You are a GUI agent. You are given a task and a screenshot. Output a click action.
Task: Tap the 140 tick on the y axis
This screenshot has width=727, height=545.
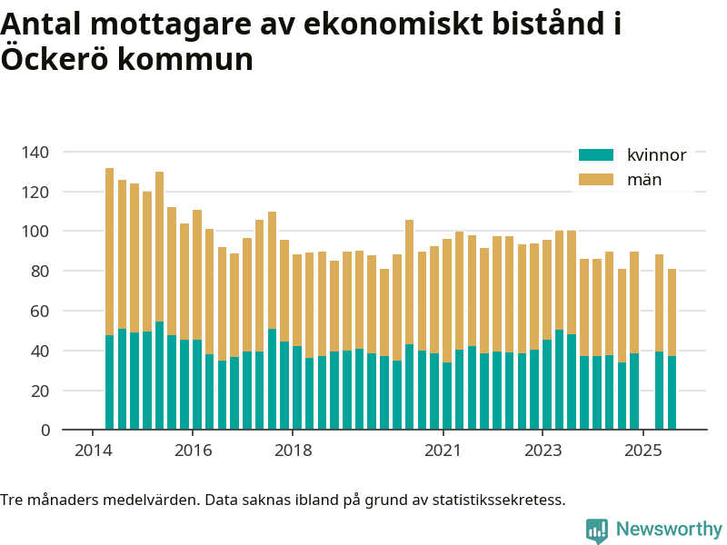37,152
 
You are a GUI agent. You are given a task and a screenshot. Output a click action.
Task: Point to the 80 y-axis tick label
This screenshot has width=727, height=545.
41,271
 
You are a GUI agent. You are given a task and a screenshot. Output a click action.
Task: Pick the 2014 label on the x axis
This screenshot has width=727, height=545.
92,451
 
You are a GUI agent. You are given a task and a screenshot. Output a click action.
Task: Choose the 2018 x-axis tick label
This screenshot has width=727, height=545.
293,451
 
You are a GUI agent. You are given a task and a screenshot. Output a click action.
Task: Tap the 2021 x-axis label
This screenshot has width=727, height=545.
443,451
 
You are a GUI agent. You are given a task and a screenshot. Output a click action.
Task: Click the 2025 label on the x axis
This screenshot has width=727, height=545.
642,451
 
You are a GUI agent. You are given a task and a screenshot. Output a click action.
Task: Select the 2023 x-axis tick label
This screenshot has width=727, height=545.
543,451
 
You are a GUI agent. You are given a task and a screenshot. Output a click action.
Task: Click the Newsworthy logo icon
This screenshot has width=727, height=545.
597,530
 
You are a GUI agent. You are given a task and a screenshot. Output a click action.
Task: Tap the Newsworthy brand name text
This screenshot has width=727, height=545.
669,529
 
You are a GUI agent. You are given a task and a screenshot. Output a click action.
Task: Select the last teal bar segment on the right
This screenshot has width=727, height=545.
672,392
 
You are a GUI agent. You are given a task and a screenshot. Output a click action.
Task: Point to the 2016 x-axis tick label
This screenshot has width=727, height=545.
193,451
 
